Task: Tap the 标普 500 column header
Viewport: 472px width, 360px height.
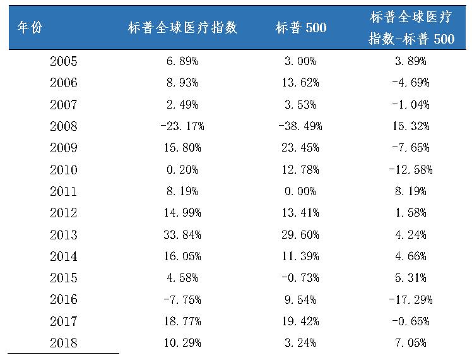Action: click(x=300, y=28)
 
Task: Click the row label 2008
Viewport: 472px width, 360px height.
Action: click(x=63, y=126)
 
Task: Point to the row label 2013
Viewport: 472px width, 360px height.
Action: click(x=63, y=235)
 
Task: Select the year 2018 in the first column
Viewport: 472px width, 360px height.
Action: click(x=63, y=343)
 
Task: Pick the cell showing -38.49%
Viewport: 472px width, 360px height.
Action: click(x=300, y=126)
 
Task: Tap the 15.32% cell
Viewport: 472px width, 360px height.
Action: click(x=411, y=126)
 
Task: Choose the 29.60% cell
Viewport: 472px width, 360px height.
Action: click(x=300, y=235)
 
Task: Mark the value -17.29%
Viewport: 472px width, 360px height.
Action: click(x=411, y=300)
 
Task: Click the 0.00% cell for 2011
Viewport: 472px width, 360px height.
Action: click(x=300, y=191)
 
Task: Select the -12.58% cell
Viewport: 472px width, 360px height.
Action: click(x=411, y=170)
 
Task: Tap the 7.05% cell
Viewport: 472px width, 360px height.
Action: click(x=411, y=343)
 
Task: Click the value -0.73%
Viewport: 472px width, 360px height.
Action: click(x=300, y=278)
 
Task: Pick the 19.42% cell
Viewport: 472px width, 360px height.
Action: click(x=300, y=321)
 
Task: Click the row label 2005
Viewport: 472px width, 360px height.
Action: click(x=63, y=61)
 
